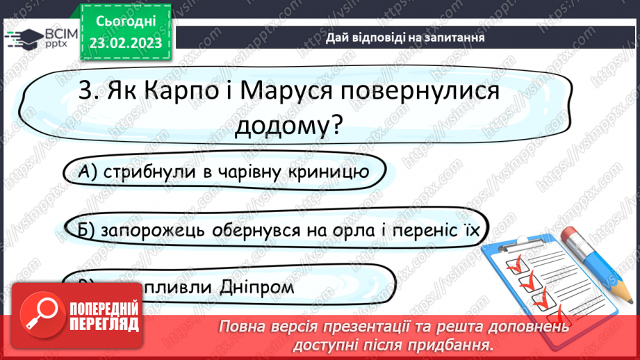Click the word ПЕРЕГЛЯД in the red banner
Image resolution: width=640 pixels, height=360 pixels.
[104, 324]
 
